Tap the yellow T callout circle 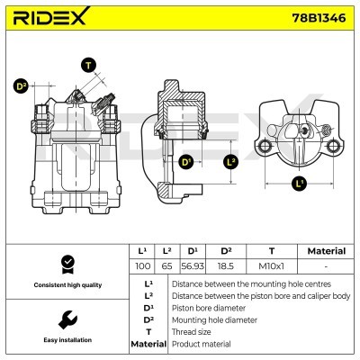point(88,65)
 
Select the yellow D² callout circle point(21,86)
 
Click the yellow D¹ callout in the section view point(186,163)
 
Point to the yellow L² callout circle point(230,161)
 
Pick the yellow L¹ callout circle point(300,183)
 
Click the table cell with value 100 point(141,267)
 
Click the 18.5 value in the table point(227,267)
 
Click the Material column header point(326,251)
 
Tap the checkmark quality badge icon point(67,263)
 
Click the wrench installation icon point(67,319)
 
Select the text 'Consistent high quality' point(67,285)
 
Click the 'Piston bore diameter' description point(209,307)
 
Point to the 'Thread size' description point(193,331)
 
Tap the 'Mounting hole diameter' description point(213,319)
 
